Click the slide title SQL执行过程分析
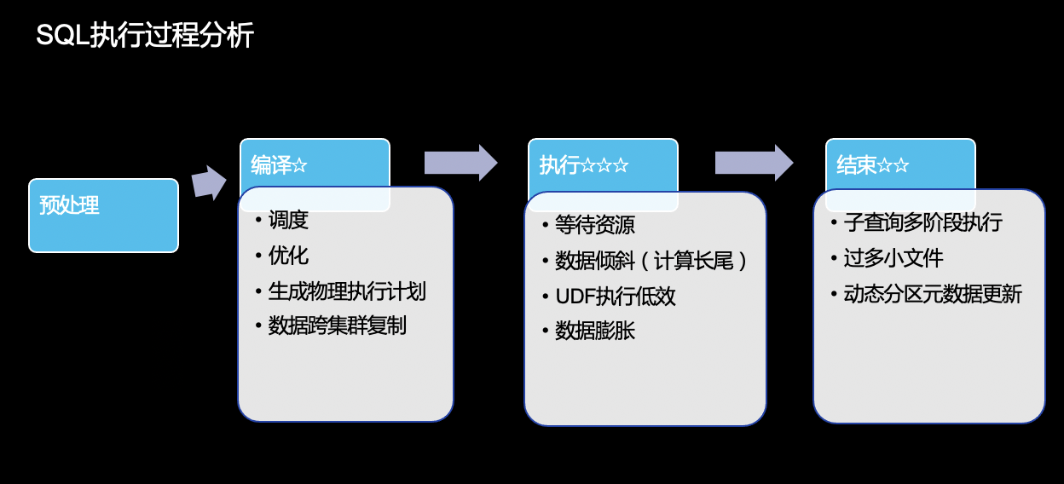(x=145, y=37)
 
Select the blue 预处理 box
(x=103, y=215)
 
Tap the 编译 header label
(x=271, y=165)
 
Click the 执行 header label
(x=559, y=165)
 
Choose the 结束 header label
(x=857, y=165)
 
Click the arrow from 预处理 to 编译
(x=208, y=182)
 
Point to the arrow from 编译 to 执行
(x=460, y=163)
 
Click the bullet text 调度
(x=288, y=220)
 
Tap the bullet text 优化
(x=288, y=256)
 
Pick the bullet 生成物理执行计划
(x=347, y=291)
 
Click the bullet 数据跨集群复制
(x=337, y=326)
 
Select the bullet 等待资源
(x=594, y=225)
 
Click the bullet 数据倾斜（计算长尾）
(x=651, y=261)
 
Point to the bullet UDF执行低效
(x=615, y=297)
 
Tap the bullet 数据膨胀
(x=594, y=331)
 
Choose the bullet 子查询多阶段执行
(x=922, y=223)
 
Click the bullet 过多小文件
(x=893, y=258)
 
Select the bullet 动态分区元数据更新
(x=933, y=295)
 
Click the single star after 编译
(x=300, y=166)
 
